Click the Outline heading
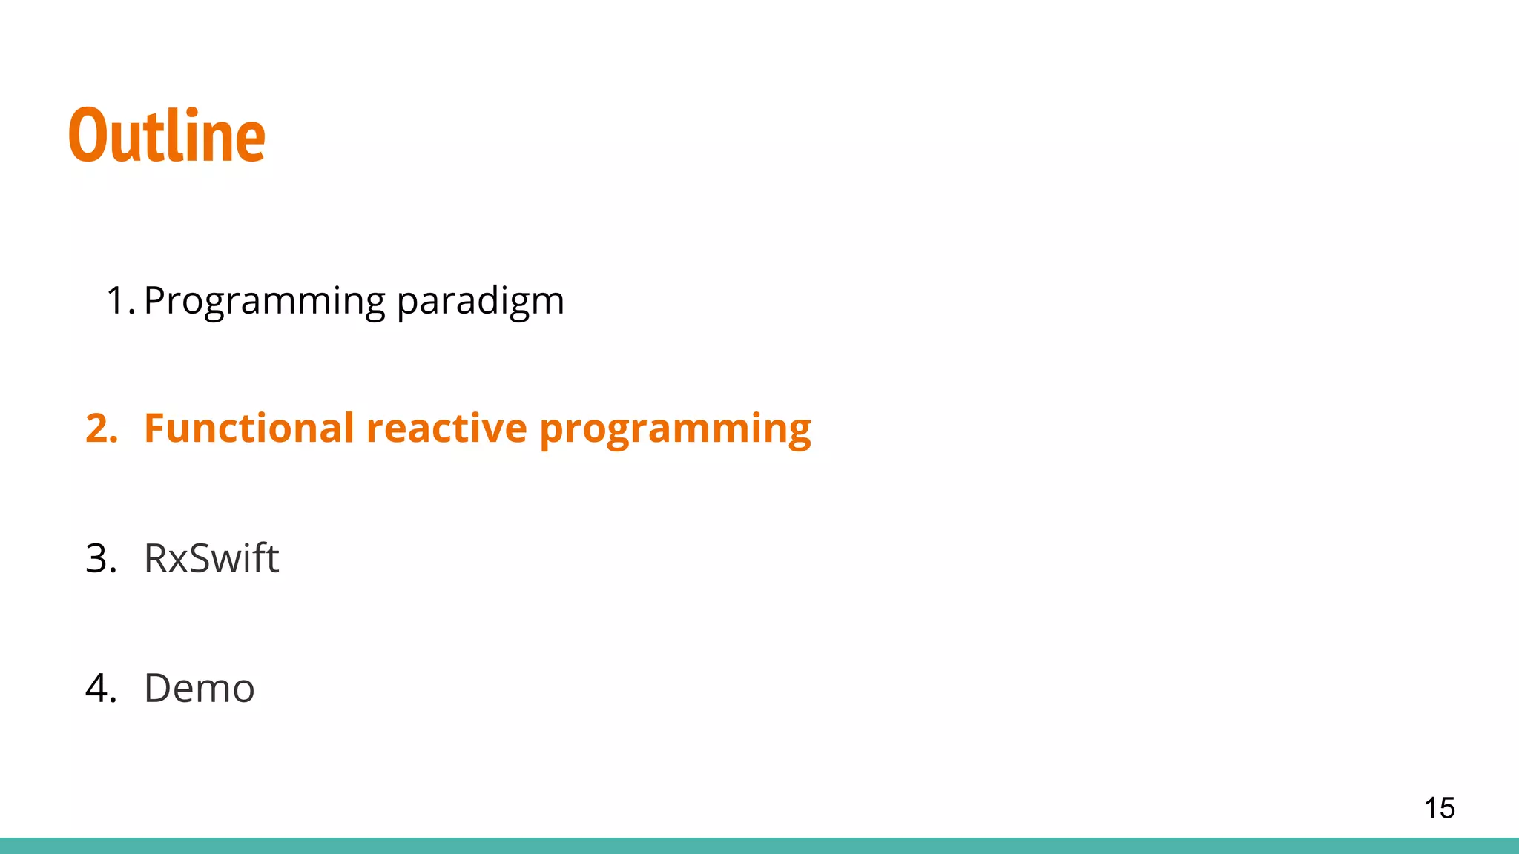pos(167,135)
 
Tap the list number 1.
pos(119,301)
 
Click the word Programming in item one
pos(265,301)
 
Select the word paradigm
pos(480,301)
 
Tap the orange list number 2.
pos(101,428)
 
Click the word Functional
pos(249,428)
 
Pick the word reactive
pos(446,428)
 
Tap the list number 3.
pos(101,558)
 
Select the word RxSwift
pos(211,558)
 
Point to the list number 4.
pos(101,688)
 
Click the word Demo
pos(199,688)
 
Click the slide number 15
pos(1439,808)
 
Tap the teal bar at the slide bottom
pos(759,846)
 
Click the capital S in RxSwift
pos(203,558)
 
